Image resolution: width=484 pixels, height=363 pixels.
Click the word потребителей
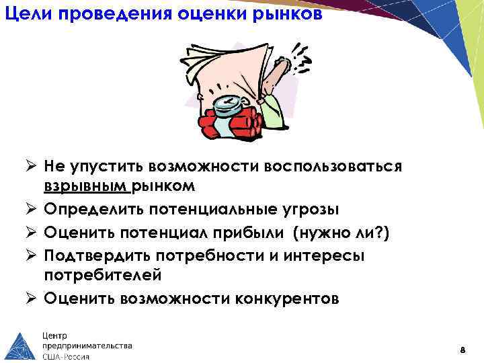click(104, 275)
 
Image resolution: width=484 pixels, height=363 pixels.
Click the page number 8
click(462, 350)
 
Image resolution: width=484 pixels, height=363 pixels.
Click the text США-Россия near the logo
click(66, 356)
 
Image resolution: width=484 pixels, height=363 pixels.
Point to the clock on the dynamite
click(230, 104)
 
